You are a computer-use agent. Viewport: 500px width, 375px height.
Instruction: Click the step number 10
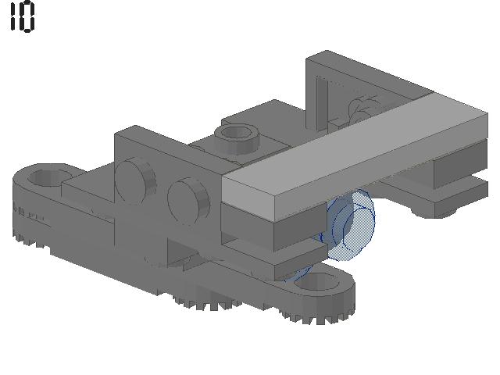[23, 16]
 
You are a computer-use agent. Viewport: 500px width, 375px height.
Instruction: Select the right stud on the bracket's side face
[189, 200]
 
